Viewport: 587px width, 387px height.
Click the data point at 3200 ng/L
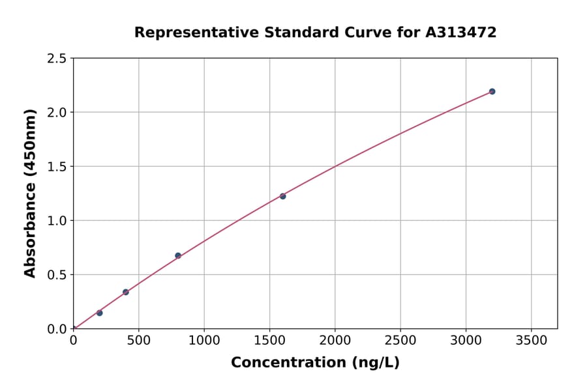492,91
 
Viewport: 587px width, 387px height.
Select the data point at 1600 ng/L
282,196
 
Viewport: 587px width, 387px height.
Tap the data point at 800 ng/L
178,255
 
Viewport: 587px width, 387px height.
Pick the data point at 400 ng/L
126,292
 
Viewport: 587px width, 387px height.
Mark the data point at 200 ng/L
100,313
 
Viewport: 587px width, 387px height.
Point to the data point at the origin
74,328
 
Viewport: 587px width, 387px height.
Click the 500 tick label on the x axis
138,340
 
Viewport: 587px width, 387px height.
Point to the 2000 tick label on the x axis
335,340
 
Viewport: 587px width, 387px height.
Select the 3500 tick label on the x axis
531,340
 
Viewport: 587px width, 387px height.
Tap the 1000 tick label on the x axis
204,340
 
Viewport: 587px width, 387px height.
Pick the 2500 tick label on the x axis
400,340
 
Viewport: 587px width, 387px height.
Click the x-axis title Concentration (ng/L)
315,363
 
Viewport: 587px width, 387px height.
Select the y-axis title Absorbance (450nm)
30,193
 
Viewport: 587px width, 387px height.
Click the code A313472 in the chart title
461,33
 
